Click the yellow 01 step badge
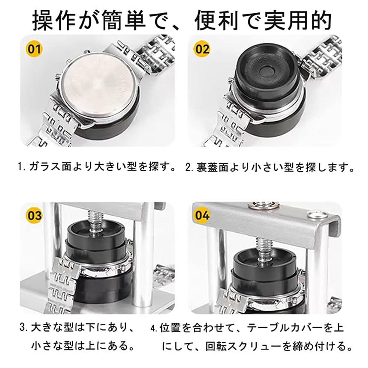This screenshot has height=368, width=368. pyautogui.click(x=34, y=49)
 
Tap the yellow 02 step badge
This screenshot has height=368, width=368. pyautogui.click(x=202, y=49)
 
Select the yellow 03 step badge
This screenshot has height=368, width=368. pyautogui.click(x=34, y=215)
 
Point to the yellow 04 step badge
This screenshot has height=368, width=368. pyautogui.click(x=202, y=215)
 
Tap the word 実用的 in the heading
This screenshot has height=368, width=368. pyautogui.click(x=298, y=21)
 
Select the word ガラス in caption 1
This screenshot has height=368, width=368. pyautogui.click(x=45, y=167)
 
